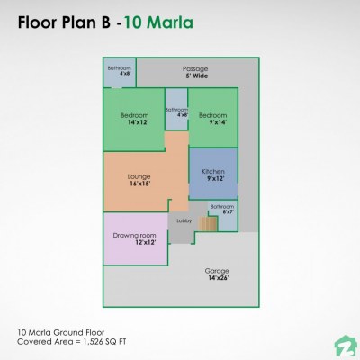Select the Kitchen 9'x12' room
click(x=213, y=175)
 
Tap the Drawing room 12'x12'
click(x=135, y=238)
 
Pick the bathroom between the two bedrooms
click(x=176, y=112)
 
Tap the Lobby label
click(x=184, y=220)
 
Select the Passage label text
click(x=195, y=68)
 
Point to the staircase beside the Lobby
click(x=209, y=222)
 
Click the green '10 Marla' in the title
click(x=159, y=19)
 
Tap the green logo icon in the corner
click(x=344, y=345)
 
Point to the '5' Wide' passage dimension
click(x=195, y=76)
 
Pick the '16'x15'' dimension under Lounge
click(x=139, y=184)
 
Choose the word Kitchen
click(x=213, y=171)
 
